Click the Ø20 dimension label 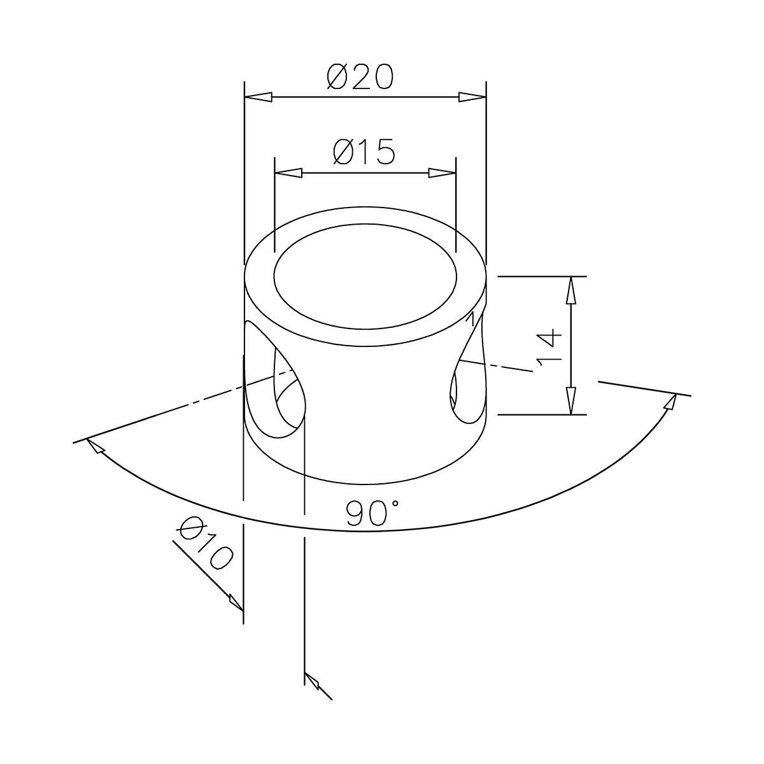pyautogui.click(x=361, y=77)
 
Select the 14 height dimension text pyautogui.click(x=548, y=347)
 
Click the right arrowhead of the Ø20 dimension pyautogui.click(x=472, y=97)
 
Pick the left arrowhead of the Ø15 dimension pyautogui.click(x=288, y=173)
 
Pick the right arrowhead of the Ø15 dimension pyautogui.click(x=442, y=173)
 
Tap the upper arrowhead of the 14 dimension pyautogui.click(x=571, y=290)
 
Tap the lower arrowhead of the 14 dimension pyautogui.click(x=571, y=400)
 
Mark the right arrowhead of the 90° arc pyautogui.click(x=670, y=402)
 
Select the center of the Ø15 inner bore pyautogui.click(x=365, y=276)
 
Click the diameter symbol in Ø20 pyautogui.click(x=337, y=77)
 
